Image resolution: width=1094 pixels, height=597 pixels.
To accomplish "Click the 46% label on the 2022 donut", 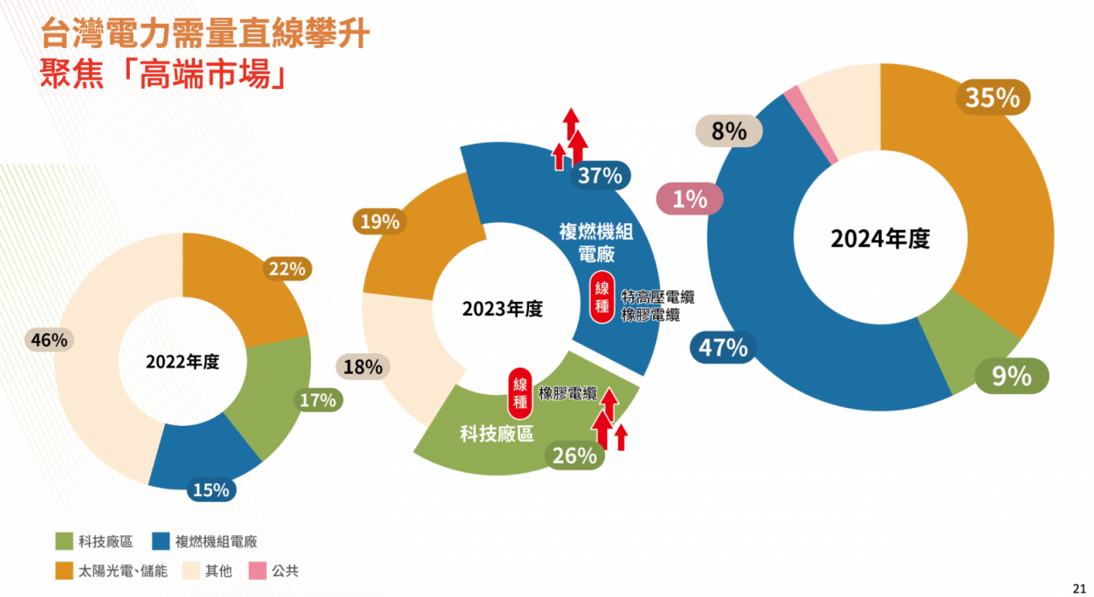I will (x=49, y=340).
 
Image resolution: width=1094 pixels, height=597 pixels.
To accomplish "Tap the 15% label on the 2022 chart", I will (x=211, y=490).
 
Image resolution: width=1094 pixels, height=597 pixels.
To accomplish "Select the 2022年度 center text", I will (x=182, y=362).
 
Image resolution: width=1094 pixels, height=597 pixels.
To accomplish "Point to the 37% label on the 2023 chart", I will (x=600, y=176).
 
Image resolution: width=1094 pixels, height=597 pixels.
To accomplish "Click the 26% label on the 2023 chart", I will (x=574, y=456).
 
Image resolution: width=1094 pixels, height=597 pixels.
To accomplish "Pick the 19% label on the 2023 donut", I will (x=379, y=222).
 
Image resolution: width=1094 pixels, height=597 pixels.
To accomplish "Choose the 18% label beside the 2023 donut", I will (x=363, y=368).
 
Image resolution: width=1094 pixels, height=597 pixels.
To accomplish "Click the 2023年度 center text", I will (x=503, y=309).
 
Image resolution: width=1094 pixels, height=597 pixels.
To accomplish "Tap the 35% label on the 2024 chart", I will (x=992, y=98).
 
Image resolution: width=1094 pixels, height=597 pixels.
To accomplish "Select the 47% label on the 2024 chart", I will (x=723, y=347).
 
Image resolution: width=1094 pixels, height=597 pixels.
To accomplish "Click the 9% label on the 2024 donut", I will (x=1012, y=375).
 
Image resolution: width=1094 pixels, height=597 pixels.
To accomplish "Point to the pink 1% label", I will (x=690, y=199).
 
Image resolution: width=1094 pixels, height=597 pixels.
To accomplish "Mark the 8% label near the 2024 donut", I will (x=729, y=132).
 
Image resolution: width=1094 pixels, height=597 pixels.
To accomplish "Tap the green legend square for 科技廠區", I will (x=63, y=541).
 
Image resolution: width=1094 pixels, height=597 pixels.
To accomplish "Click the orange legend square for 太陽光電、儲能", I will (x=63, y=570).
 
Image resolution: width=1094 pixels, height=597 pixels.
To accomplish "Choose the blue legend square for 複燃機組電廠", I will (x=160, y=541).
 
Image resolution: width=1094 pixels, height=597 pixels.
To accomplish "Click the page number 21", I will (x=1079, y=586).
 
